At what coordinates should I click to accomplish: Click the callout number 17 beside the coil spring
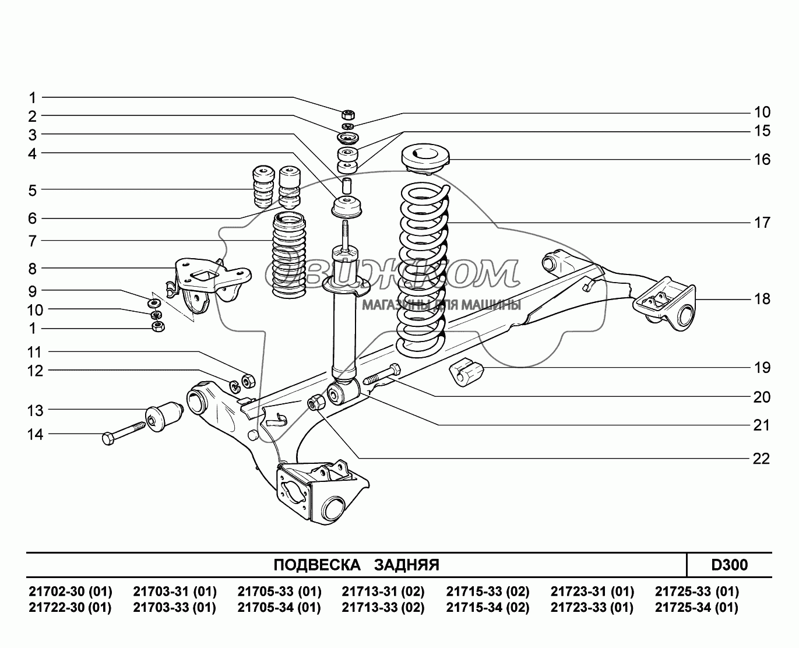[761, 223]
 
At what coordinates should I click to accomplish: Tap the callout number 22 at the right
[761, 459]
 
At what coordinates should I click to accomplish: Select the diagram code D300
[729, 565]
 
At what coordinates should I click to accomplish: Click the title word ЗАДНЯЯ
[406, 565]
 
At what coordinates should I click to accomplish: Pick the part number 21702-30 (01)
[70, 592]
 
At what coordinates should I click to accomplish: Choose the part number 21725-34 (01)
[696, 608]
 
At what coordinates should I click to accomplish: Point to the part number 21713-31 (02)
[383, 592]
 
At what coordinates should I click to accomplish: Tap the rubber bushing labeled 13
[164, 416]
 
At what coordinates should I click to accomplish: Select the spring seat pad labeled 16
[425, 158]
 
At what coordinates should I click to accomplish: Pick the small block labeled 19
[467, 373]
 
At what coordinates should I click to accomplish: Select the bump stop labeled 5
[262, 188]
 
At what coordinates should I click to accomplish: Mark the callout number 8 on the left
[32, 269]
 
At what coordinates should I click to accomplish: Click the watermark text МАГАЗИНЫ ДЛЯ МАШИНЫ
[441, 305]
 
